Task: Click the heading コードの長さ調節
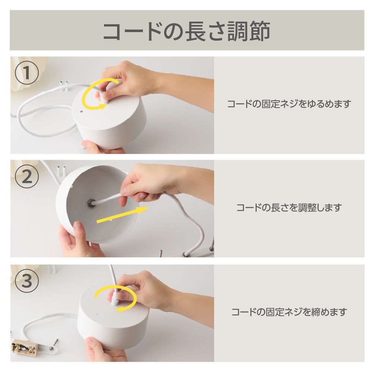click(x=187, y=31)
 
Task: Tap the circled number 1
click(x=27, y=73)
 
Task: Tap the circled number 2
click(x=27, y=176)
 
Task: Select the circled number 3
click(x=27, y=281)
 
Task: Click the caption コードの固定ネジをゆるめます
click(x=289, y=104)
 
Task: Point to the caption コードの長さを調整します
click(x=289, y=208)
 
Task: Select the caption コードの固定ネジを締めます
click(x=289, y=311)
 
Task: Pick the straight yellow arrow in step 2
click(x=122, y=215)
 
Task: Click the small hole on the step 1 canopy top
click(x=81, y=111)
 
